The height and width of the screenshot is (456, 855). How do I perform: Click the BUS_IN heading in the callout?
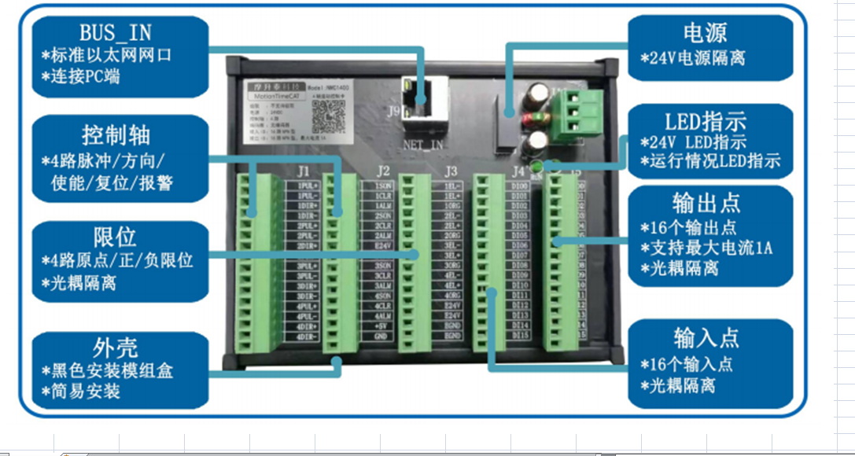115,32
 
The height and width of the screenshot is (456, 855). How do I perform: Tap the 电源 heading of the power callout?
705,33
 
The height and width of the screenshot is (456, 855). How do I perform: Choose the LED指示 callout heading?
705,122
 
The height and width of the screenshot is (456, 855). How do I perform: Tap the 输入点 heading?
706,339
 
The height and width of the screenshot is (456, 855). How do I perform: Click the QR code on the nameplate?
327,116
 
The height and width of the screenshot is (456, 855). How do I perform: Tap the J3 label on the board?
451,171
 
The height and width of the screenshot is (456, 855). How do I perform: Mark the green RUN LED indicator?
538,166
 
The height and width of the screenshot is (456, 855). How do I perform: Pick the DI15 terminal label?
520,336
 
